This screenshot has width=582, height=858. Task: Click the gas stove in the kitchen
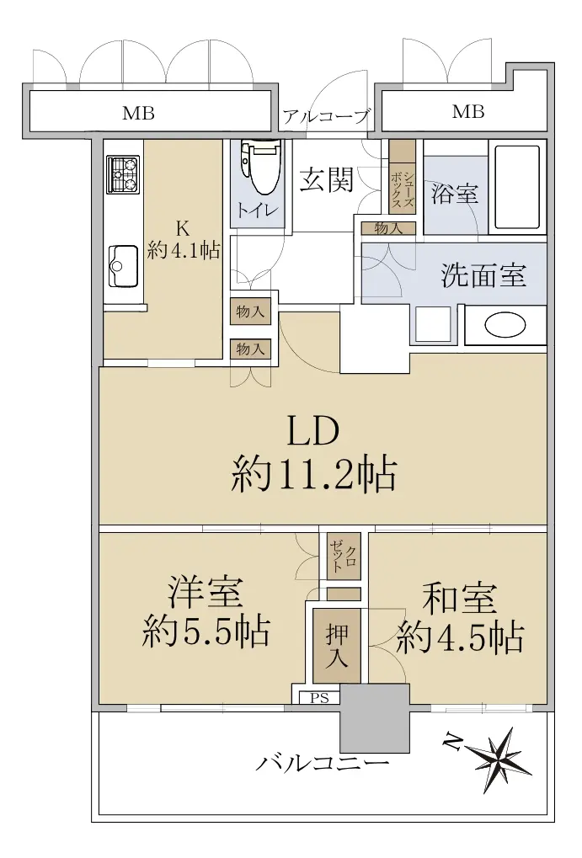tap(123, 173)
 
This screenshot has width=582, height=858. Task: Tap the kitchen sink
tap(123, 266)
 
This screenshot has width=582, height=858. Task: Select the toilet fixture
tap(260, 167)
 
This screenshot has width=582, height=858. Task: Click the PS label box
tap(319, 698)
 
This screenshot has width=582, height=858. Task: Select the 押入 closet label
tap(336, 646)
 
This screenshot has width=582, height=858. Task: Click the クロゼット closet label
tap(344, 556)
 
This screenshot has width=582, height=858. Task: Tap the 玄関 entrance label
tap(326, 179)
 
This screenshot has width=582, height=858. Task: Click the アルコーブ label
tap(326, 116)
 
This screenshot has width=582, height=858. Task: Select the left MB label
tap(138, 114)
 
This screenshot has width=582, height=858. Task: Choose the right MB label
tap(468, 112)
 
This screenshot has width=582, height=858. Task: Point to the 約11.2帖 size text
tap(313, 474)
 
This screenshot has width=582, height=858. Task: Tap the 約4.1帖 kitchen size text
tap(184, 251)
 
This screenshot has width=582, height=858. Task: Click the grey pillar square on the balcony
tap(375, 717)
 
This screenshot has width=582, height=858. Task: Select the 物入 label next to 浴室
tap(388, 228)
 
